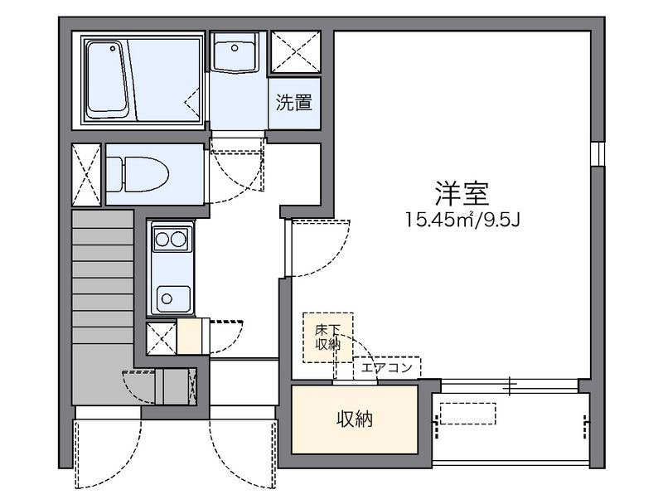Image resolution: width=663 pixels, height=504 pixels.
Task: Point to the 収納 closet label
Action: coord(354,419)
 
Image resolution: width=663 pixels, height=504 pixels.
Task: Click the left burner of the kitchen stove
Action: coord(162,240)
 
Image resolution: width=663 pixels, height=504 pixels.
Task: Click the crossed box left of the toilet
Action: coord(85,174)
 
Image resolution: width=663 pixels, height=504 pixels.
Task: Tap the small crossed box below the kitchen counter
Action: coord(161,337)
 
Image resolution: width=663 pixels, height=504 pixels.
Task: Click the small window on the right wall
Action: coord(595,153)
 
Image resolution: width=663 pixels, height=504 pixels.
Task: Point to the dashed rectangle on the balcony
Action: coord(467,414)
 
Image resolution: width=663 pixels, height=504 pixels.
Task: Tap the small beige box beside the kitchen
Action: coord(189,337)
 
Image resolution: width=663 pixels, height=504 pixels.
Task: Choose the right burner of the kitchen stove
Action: coord(178,240)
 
